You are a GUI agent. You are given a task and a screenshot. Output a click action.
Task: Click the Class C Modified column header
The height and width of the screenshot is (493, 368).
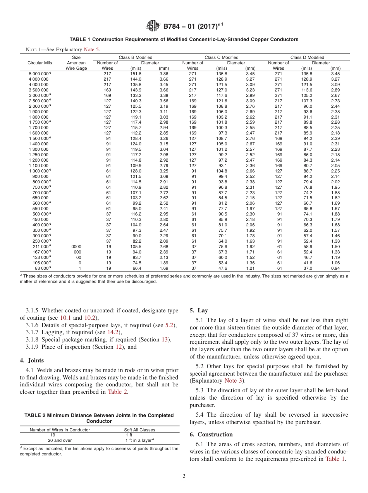pos(221,57)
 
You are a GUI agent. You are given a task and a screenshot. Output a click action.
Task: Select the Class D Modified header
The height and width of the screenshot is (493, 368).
pos(307,57)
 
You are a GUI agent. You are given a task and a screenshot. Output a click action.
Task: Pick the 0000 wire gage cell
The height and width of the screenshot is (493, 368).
pos(76,246)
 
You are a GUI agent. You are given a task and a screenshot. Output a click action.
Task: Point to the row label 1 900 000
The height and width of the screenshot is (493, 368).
pos(38,112)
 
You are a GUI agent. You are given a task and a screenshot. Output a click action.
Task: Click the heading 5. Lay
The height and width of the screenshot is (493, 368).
pos(198,310)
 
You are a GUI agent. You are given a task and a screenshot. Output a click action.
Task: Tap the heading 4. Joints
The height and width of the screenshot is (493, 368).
pos(32,360)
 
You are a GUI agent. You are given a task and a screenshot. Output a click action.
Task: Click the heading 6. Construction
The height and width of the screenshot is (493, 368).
pos(211,434)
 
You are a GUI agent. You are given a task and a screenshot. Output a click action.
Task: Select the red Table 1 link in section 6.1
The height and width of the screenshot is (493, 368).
pos(335,459)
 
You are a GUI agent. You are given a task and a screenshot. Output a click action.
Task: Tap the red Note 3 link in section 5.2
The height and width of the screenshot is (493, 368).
pos(233,381)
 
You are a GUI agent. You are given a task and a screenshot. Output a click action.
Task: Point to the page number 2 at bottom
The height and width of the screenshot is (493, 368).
pos(184,476)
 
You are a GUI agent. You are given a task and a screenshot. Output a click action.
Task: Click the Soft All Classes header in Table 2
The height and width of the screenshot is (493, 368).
pos(139,430)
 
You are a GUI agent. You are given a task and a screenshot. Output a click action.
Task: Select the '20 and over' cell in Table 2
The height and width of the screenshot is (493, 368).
pos(60,440)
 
